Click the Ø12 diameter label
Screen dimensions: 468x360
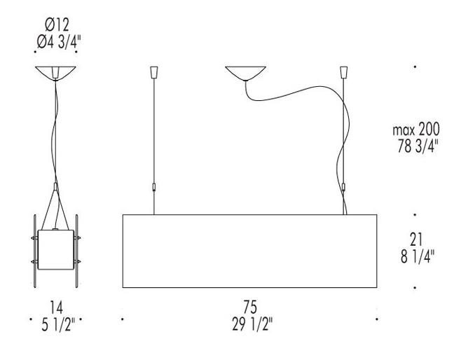click(57, 25)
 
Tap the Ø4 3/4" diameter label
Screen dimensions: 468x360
click(59, 42)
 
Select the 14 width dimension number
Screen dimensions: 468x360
click(57, 307)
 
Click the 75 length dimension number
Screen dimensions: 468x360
click(250, 307)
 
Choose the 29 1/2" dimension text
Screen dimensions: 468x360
click(252, 324)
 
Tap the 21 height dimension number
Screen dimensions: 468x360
click(416, 239)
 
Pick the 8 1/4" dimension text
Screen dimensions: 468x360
click(418, 256)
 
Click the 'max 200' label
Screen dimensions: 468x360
click(416, 130)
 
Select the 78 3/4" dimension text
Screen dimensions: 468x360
click(418, 146)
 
